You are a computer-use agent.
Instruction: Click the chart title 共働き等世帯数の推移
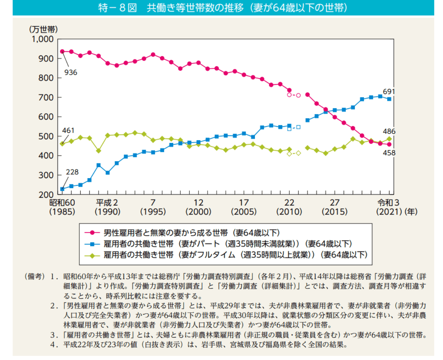[x=223, y=8]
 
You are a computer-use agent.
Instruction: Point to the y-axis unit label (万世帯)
[x=43, y=29]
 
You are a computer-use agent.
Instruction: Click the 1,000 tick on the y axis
[x=42, y=39]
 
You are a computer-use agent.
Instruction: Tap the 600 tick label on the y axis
[x=46, y=117]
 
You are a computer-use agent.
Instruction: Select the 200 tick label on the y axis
[x=46, y=195]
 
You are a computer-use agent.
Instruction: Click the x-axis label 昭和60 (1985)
[x=62, y=207]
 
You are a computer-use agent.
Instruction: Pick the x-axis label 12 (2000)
[x=198, y=207]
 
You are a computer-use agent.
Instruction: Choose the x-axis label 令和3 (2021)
[x=388, y=207]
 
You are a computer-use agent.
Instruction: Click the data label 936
[x=70, y=73]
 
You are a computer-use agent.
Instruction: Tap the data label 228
[x=72, y=172]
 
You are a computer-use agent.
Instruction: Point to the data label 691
[x=389, y=92]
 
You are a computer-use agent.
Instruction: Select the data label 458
[x=389, y=153]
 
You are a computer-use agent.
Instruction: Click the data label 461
[x=68, y=131]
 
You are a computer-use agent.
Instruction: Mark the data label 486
[x=389, y=131]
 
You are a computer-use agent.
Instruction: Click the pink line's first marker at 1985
[x=62, y=52]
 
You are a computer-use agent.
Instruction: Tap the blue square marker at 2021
[x=389, y=99]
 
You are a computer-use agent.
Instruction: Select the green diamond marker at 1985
[x=62, y=144]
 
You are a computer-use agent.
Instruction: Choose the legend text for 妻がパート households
[x=228, y=244]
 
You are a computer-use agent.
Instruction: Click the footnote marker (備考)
[x=35, y=277]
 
